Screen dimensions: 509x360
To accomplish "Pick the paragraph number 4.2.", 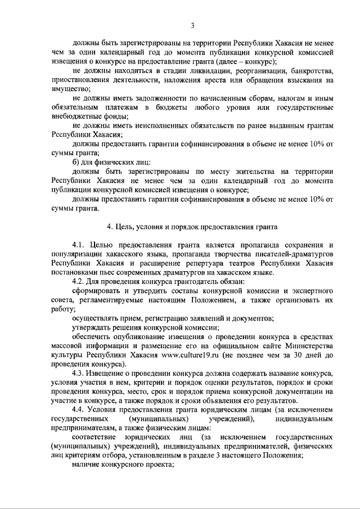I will point(80,281).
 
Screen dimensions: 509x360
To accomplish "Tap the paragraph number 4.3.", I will point(80,373).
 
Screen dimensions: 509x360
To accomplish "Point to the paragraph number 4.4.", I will point(80,409).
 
